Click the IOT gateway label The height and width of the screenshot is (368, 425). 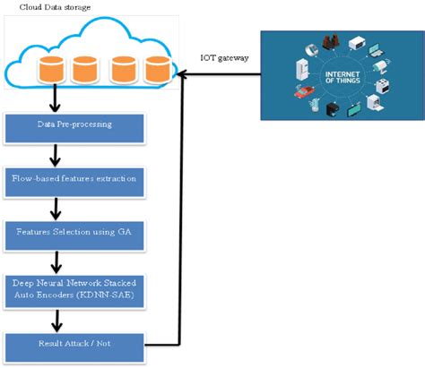click(223, 58)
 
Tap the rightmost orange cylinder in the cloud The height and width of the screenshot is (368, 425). click(157, 71)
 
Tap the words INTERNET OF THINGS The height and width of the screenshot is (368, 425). click(343, 75)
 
